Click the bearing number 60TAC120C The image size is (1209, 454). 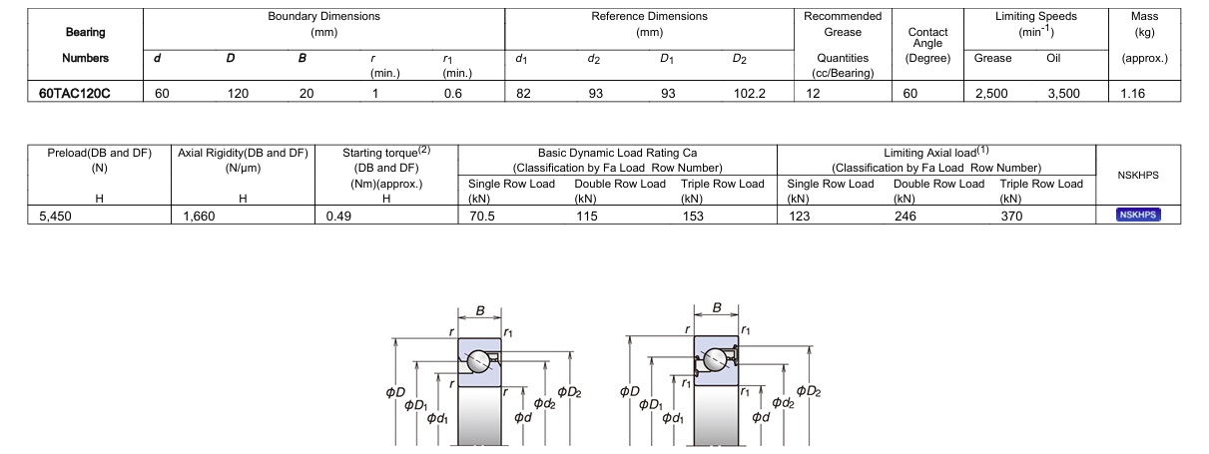tap(75, 94)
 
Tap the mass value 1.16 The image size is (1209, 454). tap(1133, 94)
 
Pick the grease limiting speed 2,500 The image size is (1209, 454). tap(990, 94)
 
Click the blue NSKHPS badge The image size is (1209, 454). tap(1138, 214)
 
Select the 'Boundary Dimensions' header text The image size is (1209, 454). tap(323, 17)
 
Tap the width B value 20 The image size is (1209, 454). tap(305, 94)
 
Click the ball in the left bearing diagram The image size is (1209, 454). tap(479, 362)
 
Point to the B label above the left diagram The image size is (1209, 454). tap(480, 311)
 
